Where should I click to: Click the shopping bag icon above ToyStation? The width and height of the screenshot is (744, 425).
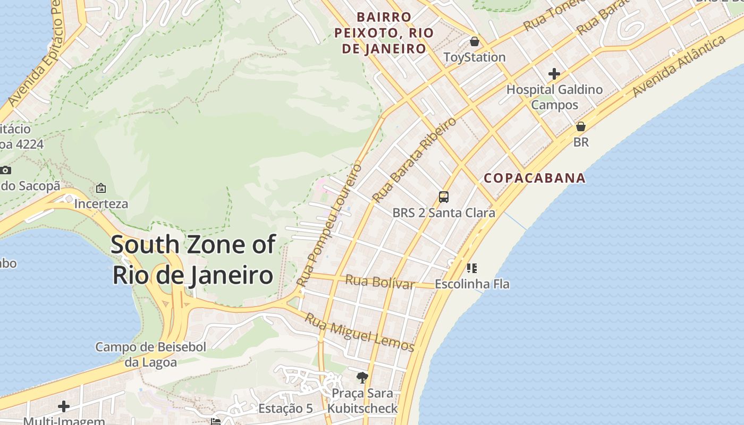click(475, 41)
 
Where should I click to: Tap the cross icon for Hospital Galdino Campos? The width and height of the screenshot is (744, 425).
click(554, 74)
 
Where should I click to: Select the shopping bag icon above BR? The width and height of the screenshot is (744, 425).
click(581, 126)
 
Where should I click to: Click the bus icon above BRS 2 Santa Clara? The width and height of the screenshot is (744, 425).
click(444, 197)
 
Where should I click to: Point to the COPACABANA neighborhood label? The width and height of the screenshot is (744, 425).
click(535, 178)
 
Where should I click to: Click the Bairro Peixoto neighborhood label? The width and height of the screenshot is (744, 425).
click(380, 33)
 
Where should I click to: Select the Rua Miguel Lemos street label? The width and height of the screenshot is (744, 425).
click(360, 333)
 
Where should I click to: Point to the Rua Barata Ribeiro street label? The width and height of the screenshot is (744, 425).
click(414, 159)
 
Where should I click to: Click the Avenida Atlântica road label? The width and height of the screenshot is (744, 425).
click(679, 66)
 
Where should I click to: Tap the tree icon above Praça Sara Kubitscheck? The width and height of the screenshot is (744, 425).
click(362, 378)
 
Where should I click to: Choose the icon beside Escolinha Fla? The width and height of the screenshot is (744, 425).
click(471, 268)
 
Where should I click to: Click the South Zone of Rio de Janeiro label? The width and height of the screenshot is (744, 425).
click(193, 260)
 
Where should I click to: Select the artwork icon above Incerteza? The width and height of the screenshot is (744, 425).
click(101, 188)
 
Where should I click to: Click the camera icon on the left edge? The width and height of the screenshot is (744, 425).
click(5, 170)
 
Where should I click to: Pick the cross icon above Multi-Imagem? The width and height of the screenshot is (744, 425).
click(64, 406)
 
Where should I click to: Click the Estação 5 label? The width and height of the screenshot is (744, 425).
click(285, 409)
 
